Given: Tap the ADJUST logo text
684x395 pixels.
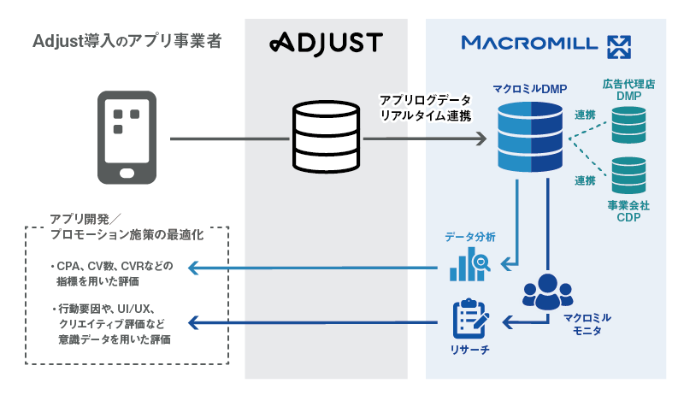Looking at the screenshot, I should [x=326, y=42].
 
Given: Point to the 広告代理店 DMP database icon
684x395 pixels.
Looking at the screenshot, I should [x=628, y=127].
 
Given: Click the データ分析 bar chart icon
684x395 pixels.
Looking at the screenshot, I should [x=469, y=264].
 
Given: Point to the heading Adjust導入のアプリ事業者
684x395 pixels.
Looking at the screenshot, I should [x=127, y=40].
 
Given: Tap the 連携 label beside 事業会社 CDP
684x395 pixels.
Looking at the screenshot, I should [x=585, y=181].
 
